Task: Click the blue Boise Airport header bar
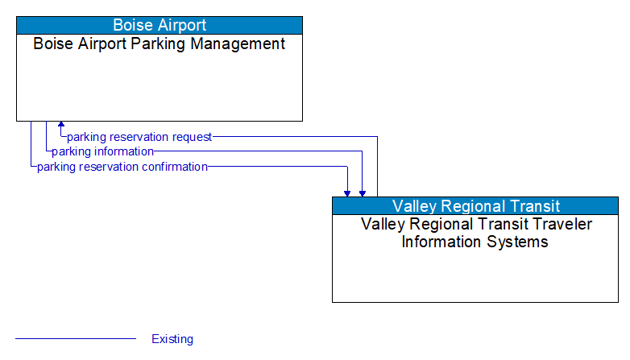160,25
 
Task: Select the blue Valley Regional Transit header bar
475,205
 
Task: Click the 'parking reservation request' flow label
139,137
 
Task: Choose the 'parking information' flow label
102,151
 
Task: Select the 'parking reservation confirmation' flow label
122,167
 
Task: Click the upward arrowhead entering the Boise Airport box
60,126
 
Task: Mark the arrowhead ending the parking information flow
363,192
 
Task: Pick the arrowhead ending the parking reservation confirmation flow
347,192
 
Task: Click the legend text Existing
172,339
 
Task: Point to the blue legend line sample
76,339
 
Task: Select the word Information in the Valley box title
441,242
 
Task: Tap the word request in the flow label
191,137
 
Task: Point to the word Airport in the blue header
182,25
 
